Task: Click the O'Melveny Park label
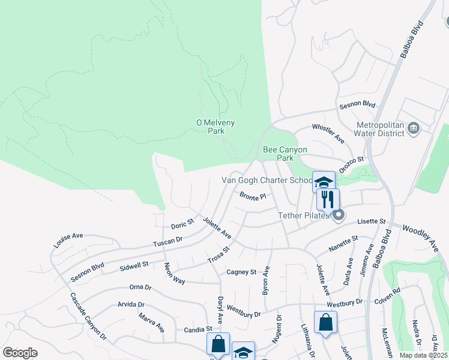(x=215, y=127)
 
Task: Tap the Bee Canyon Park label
(x=285, y=154)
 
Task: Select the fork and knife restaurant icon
(x=328, y=199)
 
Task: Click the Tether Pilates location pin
(x=339, y=215)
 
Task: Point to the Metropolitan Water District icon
(x=414, y=128)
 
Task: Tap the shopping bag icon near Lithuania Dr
(x=325, y=322)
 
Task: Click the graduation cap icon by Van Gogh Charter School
(x=324, y=182)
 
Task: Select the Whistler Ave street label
(x=328, y=133)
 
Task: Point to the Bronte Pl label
(x=252, y=196)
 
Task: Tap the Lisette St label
(x=371, y=222)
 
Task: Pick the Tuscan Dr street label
(x=167, y=241)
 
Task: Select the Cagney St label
(x=241, y=272)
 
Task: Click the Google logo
(x=20, y=353)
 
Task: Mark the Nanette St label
(x=343, y=243)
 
